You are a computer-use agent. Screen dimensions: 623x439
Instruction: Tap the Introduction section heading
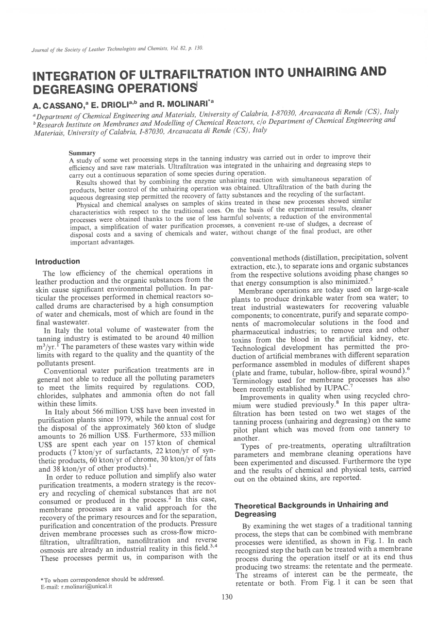pos(58,262)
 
